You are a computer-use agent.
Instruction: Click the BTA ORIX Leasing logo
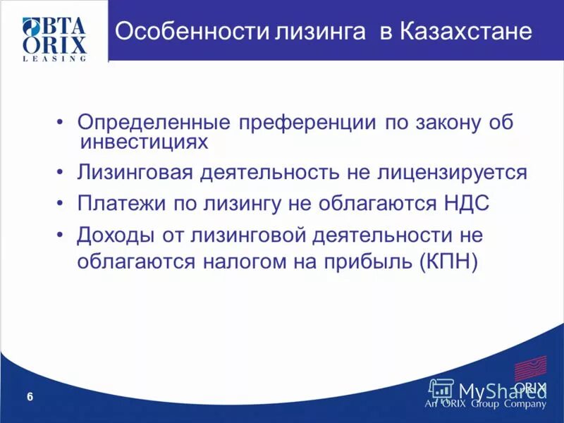[x=54, y=38]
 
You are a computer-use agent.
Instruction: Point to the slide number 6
[x=30, y=398]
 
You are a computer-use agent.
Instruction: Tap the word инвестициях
[x=145, y=142]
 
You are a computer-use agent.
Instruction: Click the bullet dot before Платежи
[x=63, y=203]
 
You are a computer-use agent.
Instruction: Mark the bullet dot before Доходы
[x=63, y=234]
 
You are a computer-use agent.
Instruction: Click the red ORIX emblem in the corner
[x=530, y=369]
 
